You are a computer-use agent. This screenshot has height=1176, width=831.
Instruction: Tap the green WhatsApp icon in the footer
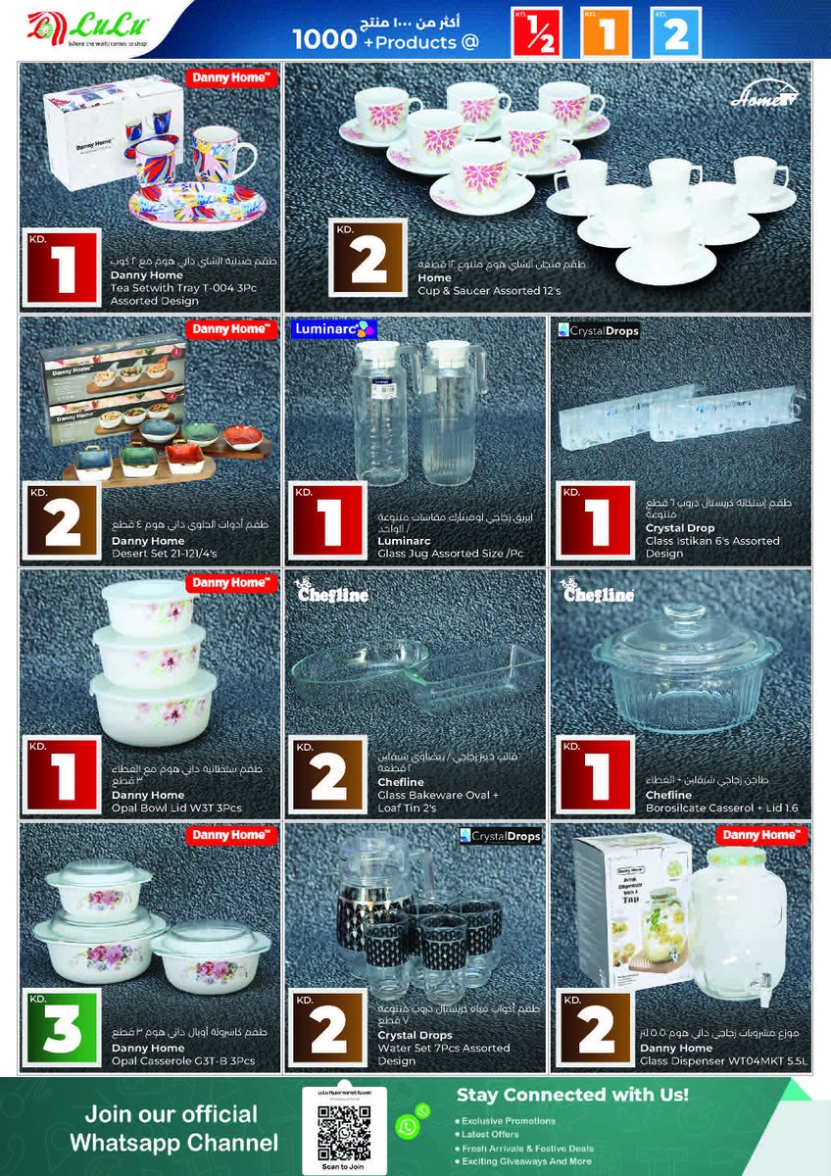pyautogui.click(x=409, y=1127)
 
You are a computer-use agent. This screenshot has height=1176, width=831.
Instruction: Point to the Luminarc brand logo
pyautogui.click(x=333, y=329)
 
